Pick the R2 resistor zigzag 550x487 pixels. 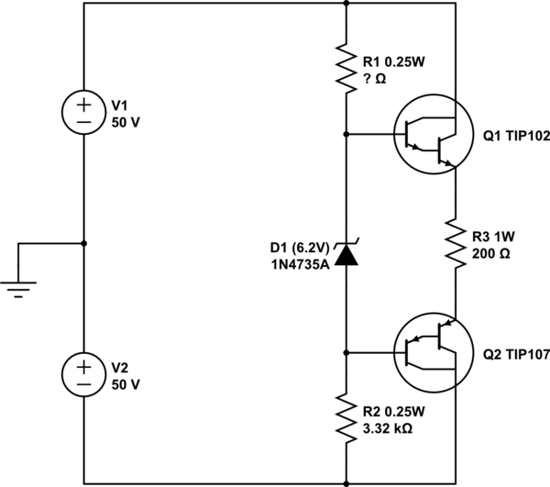346,416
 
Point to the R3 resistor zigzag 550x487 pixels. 455,242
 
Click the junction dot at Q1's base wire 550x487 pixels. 346,134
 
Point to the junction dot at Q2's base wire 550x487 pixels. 346,350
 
